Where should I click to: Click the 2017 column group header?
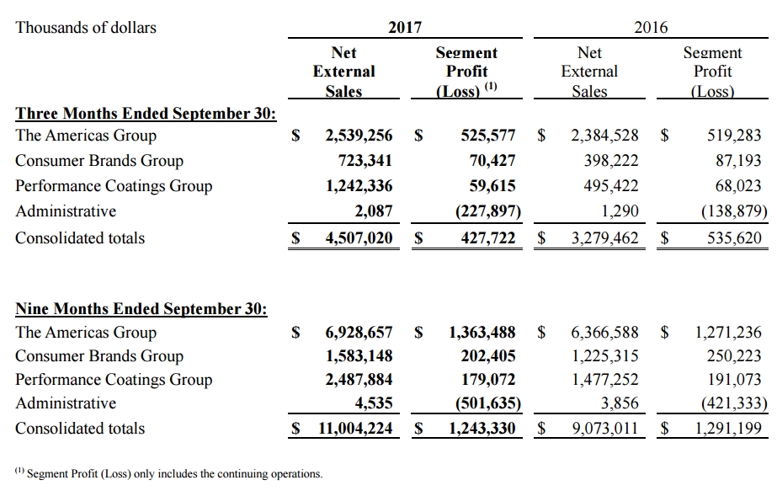[405, 28]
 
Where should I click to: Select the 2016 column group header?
[651, 28]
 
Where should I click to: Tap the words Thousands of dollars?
[87, 28]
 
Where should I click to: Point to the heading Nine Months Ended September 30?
[141, 309]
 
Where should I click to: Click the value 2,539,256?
[359, 136]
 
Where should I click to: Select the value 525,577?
[488, 136]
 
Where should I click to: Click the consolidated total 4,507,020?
[359, 238]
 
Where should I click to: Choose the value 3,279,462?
[604, 238]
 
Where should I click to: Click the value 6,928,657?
[359, 333]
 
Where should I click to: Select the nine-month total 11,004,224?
[354, 429]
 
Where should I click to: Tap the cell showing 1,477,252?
[604, 380]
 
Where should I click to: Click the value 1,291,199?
[728, 429]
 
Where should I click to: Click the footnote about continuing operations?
[168, 474]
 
